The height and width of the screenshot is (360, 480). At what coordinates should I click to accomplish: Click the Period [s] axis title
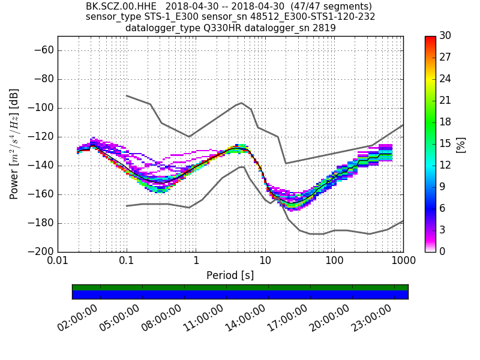click(x=230, y=275)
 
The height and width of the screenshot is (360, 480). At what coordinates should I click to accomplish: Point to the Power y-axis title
click(x=14, y=144)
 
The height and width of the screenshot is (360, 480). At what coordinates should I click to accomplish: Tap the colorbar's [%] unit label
click(x=461, y=144)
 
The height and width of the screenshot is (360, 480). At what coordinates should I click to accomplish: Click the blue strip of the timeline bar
click(x=240, y=295)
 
